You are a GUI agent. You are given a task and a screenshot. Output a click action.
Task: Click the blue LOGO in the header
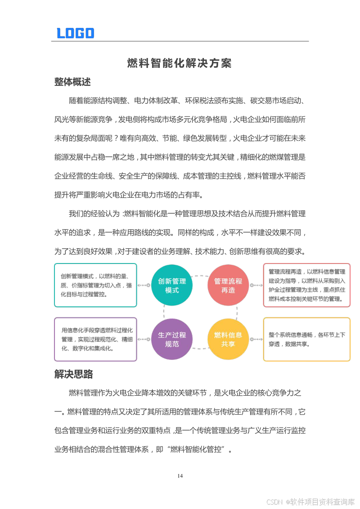coord(75,33)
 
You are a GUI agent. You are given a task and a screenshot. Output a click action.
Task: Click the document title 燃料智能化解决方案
coord(180,63)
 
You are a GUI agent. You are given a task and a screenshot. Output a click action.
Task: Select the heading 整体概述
coord(72,82)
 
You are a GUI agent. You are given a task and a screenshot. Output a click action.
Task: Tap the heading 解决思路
coord(73,374)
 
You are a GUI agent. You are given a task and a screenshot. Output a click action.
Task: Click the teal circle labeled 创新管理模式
coord(172,285)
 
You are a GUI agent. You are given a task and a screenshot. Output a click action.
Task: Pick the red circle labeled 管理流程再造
coord(228,285)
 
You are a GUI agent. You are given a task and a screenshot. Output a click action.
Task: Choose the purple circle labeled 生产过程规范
coord(172,339)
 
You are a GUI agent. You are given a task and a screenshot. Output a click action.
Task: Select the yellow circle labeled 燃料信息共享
coord(228,339)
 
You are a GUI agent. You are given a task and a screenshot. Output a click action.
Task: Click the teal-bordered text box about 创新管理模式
coord(95,285)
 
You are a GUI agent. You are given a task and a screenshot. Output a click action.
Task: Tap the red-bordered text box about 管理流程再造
coord(306,285)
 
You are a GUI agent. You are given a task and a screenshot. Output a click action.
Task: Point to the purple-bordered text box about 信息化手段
coord(95,339)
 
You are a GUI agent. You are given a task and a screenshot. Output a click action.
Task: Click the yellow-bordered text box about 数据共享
coord(306,339)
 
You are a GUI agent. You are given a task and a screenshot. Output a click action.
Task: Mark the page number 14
coord(180,476)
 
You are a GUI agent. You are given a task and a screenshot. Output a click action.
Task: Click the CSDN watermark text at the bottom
coord(310,501)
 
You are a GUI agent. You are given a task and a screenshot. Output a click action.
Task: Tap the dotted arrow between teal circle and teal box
coord(144,285)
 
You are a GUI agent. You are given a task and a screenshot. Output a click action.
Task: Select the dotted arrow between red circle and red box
coord(256,285)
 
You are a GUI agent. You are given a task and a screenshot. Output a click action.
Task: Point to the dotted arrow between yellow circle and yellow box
coord(256,339)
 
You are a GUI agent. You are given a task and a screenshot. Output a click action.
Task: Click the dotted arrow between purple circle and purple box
coord(144,339)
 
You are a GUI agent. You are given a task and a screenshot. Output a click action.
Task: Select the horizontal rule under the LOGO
coord(180,41)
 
